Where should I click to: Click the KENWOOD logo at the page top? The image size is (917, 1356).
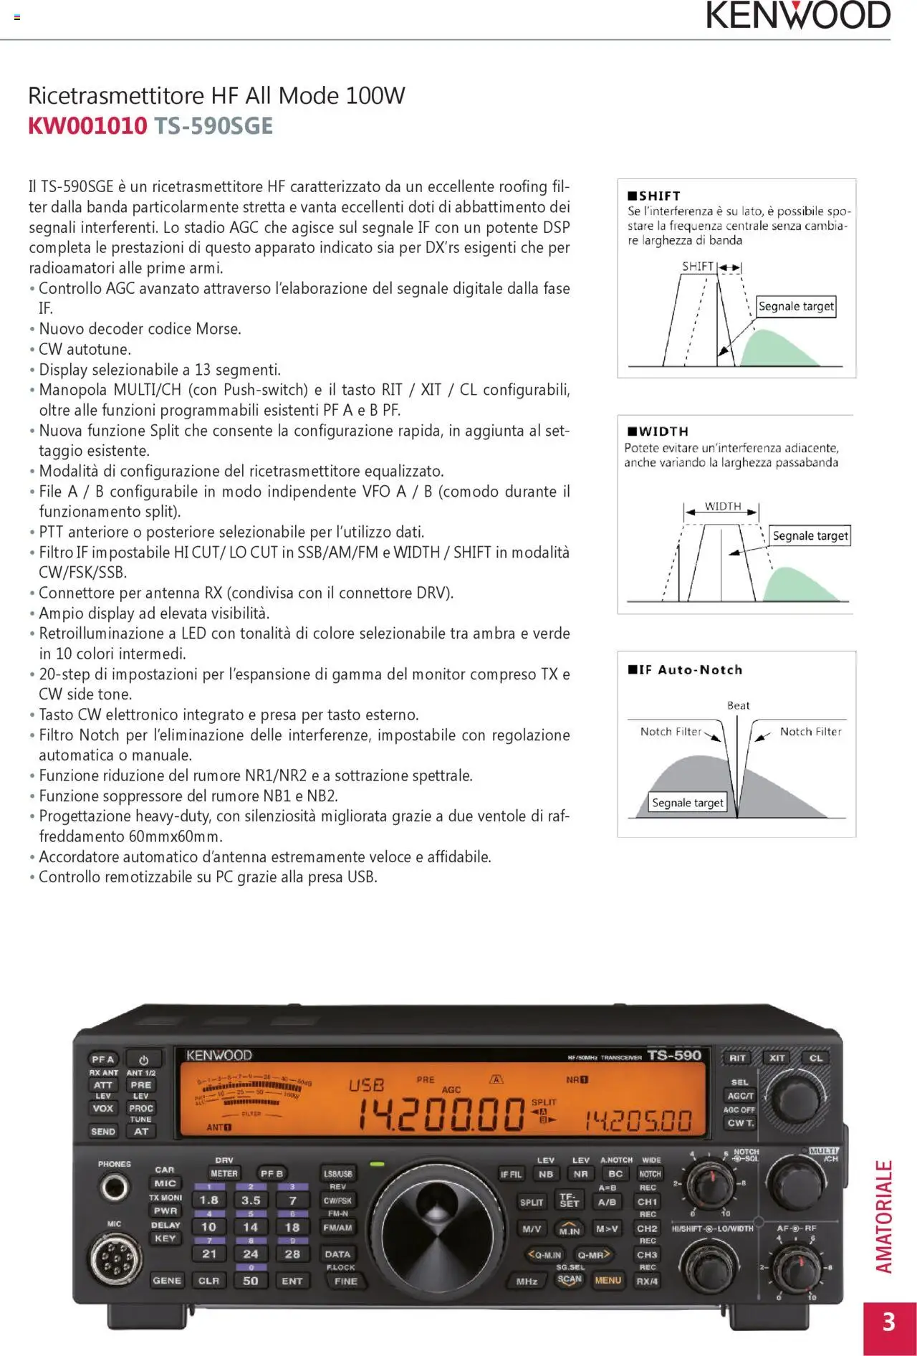[x=798, y=16]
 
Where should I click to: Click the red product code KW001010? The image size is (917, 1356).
[x=87, y=126]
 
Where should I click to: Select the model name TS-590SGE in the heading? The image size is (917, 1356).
[x=213, y=126]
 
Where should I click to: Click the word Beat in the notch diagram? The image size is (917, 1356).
[x=738, y=705]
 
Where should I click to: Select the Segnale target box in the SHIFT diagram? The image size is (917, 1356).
[x=796, y=307]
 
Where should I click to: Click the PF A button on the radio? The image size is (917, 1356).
[x=102, y=1059]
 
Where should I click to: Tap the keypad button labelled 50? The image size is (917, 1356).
[x=251, y=1281]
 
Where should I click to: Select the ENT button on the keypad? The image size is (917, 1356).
[x=292, y=1281]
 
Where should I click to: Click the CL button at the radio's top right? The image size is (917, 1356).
[x=816, y=1058]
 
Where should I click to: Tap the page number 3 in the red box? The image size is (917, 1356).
[x=889, y=1322]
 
